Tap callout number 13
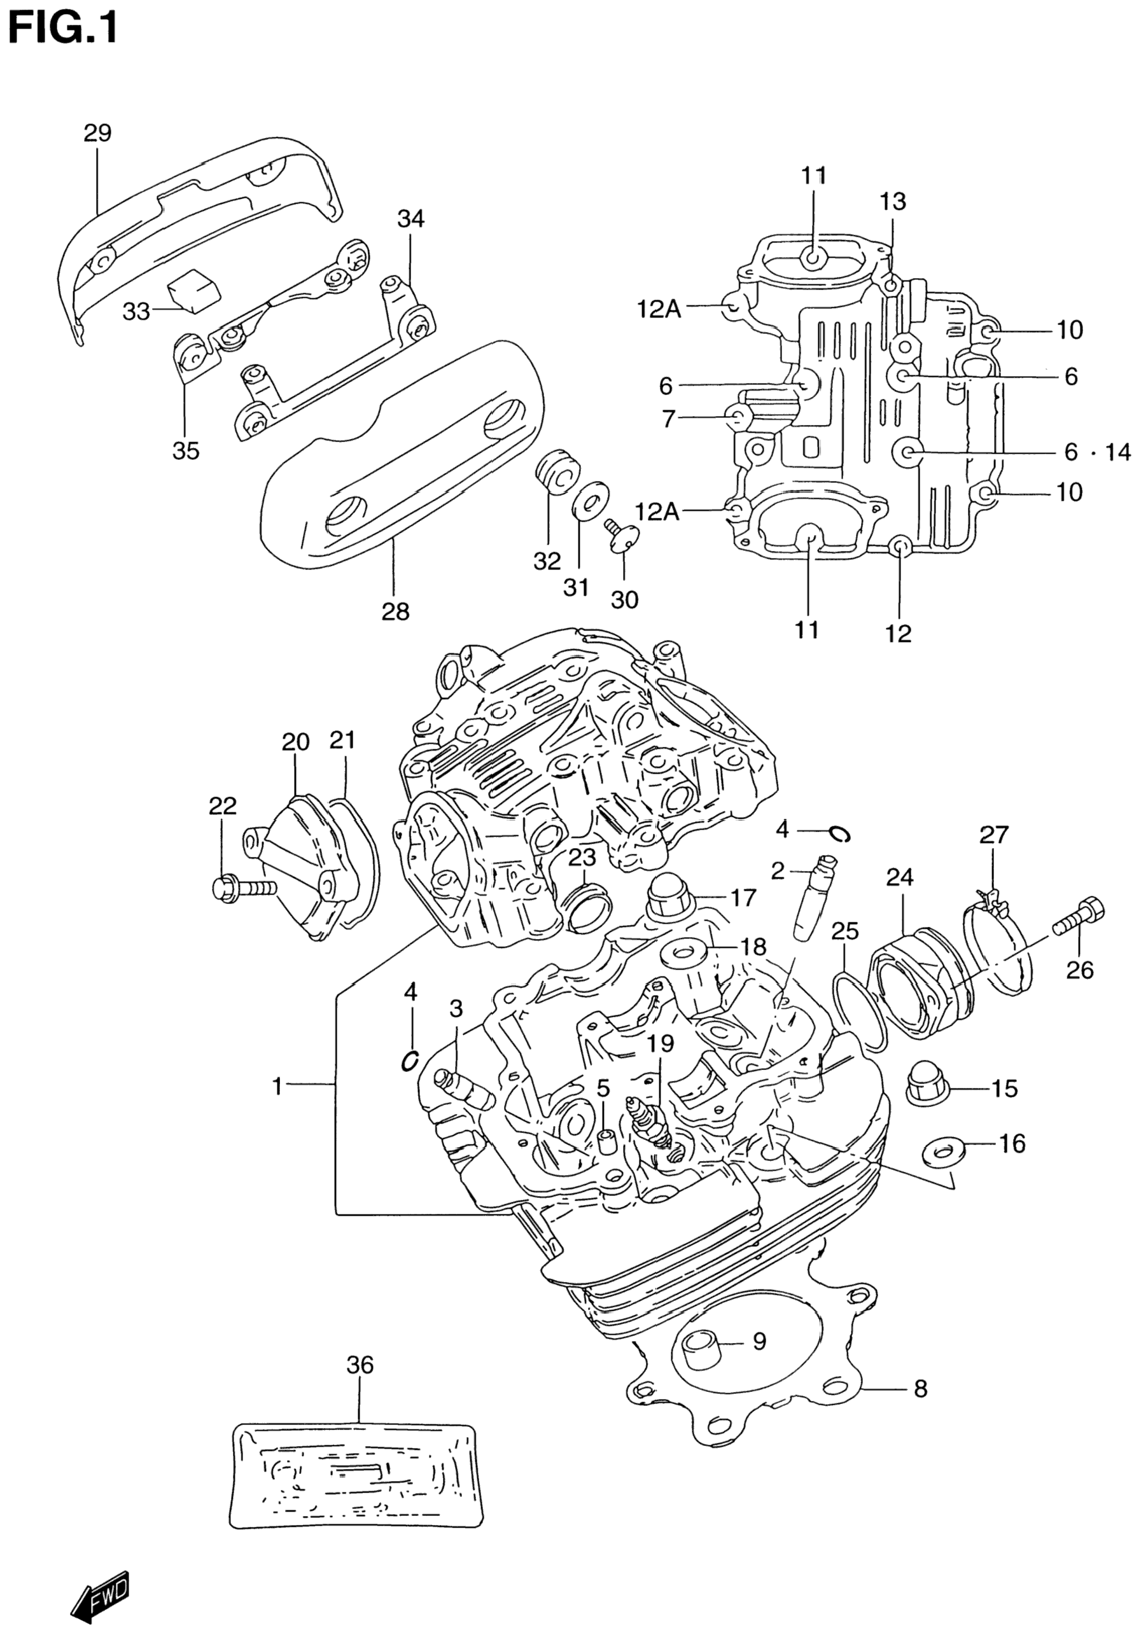click(893, 202)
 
